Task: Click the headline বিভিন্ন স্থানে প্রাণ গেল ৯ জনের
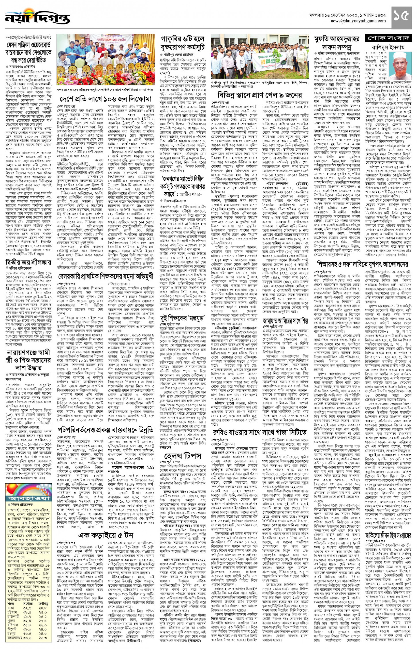tap(259, 95)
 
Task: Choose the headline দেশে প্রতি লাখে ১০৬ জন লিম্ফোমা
tap(106, 99)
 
